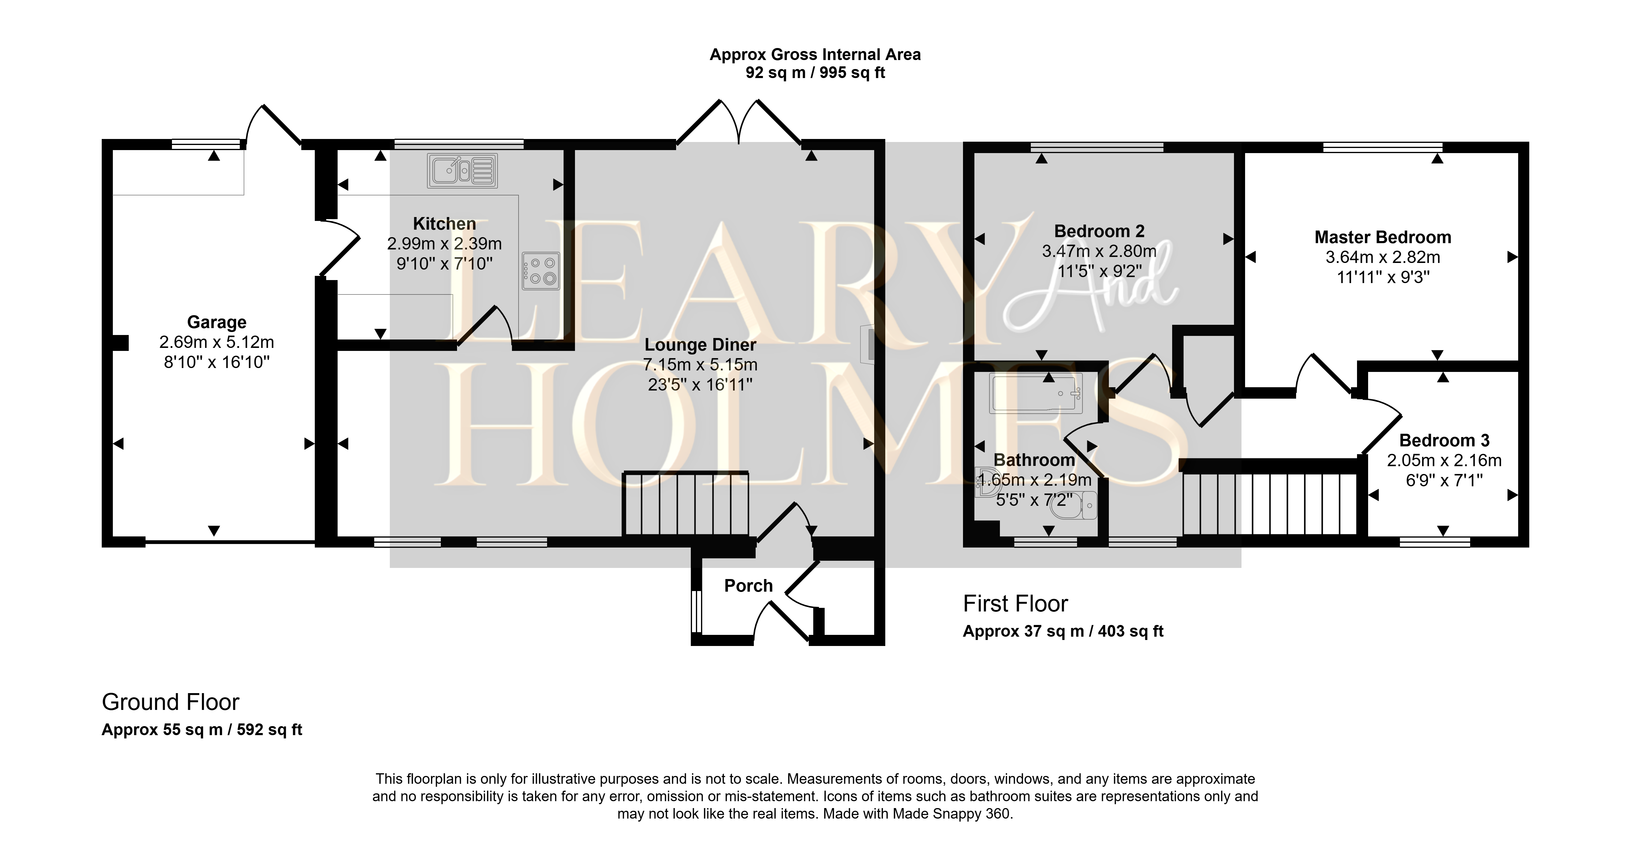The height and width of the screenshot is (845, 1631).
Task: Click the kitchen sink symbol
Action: (x=462, y=171)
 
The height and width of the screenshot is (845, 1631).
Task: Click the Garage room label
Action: (x=217, y=322)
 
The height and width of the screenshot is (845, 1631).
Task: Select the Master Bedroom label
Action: (x=1383, y=237)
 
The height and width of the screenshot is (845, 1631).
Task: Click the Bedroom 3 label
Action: (x=1444, y=440)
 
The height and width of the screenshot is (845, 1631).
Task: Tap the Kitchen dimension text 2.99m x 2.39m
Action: (x=444, y=244)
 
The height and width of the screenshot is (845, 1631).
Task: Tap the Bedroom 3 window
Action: (x=1435, y=542)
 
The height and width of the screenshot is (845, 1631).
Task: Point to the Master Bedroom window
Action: (x=1383, y=147)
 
